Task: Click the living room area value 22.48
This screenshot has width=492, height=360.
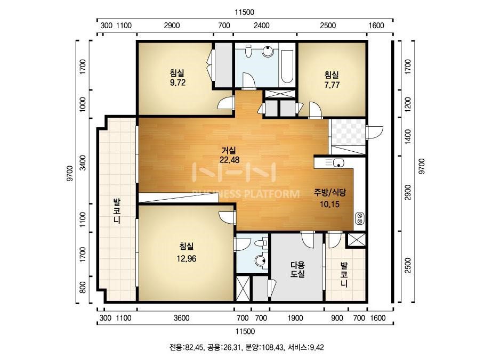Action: [229, 160]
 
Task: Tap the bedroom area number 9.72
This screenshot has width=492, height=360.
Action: [178, 83]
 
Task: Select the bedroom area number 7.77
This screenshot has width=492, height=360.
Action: [332, 85]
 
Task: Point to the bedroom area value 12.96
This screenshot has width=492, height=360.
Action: [187, 259]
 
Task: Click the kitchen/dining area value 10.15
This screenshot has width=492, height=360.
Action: [329, 204]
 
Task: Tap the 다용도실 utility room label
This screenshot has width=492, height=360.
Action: [297, 269]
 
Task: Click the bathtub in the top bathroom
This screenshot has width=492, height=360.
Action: [287, 65]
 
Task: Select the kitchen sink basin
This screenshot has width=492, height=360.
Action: [338, 163]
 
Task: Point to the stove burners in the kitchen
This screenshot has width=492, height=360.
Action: [360, 218]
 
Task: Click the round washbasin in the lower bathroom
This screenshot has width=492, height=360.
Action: [260, 260]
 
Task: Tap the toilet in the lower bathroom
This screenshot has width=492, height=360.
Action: [261, 243]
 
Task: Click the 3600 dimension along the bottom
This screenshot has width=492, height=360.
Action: [182, 318]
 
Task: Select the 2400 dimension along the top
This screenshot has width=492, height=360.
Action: [261, 26]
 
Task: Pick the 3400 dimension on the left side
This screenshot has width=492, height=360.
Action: [83, 162]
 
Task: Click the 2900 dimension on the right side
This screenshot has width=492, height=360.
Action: [408, 193]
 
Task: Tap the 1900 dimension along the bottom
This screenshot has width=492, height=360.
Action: [295, 318]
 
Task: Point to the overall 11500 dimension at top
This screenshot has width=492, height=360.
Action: [245, 12]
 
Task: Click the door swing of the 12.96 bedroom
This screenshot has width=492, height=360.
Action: [227, 217]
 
